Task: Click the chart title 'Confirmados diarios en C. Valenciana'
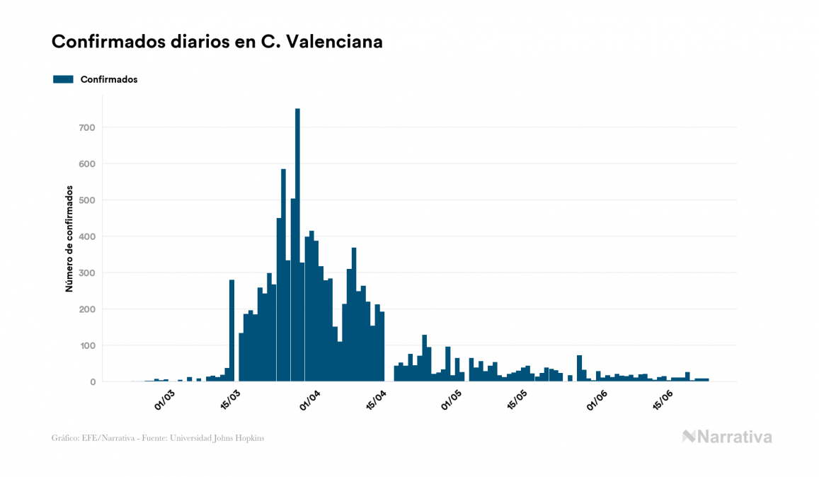click(217, 42)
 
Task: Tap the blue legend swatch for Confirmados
click(63, 79)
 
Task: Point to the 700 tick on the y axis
click(87, 127)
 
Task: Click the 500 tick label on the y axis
click(87, 200)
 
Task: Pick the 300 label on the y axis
click(87, 273)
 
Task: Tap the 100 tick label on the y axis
click(87, 346)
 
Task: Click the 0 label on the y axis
click(92, 382)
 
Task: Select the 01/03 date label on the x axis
click(164, 401)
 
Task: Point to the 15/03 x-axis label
click(230, 401)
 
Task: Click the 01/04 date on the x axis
click(310, 401)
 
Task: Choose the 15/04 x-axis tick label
click(376, 401)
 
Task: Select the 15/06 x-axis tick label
click(663, 401)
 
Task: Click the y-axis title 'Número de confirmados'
click(69, 239)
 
